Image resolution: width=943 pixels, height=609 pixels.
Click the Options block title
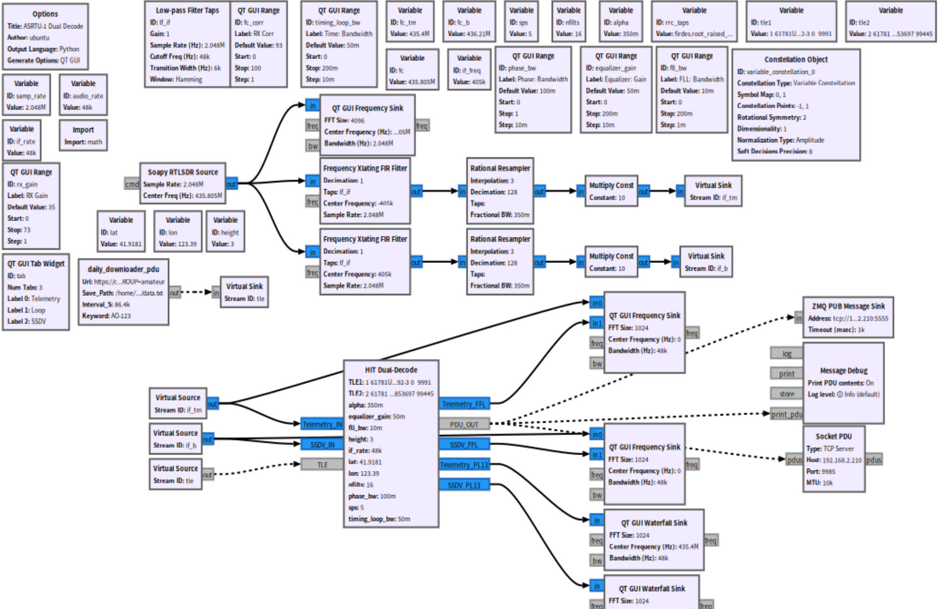pyautogui.click(x=45, y=14)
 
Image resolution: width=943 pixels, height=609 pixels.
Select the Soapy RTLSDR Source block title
pyautogui.click(x=182, y=172)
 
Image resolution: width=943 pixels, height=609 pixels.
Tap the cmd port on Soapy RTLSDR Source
pyautogui.click(x=132, y=184)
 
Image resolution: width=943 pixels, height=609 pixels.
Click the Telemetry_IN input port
pyautogui.click(x=322, y=424)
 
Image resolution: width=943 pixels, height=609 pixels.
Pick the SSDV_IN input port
pyautogui.click(x=322, y=444)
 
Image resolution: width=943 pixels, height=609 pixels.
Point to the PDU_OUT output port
pyautogui.click(x=464, y=424)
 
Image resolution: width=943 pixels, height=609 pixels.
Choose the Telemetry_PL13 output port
pyautogui.click(x=464, y=465)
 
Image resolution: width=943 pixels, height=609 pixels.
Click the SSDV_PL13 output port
pyautogui.click(x=464, y=485)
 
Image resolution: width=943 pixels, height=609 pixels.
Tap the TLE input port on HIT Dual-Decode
pyautogui.click(x=322, y=465)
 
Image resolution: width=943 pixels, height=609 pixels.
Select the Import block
pyautogui.click(x=83, y=135)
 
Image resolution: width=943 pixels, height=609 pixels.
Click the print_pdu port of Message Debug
pyautogui.click(x=786, y=414)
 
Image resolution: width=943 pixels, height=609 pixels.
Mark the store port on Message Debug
pyautogui.click(x=786, y=394)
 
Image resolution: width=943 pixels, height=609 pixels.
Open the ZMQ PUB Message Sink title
pyautogui.click(x=848, y=306)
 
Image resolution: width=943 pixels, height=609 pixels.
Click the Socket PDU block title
pyautogui.click(x=833, y=436)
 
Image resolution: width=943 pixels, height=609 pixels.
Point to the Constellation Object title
pyautogui.click(x=796, y=59)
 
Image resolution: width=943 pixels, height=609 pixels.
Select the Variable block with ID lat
pyautogui.click(x=121, y=231)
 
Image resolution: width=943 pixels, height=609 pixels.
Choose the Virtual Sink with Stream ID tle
pyautogui.click(x=244, y=292)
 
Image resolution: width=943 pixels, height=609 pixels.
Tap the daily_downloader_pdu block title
pyautogui.click(x=123, y=269)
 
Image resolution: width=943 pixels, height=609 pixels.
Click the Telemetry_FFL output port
pyautogui.click(x=464, y=404)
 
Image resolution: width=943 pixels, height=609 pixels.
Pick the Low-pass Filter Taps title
pyautogui.click(x=187, y=10)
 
